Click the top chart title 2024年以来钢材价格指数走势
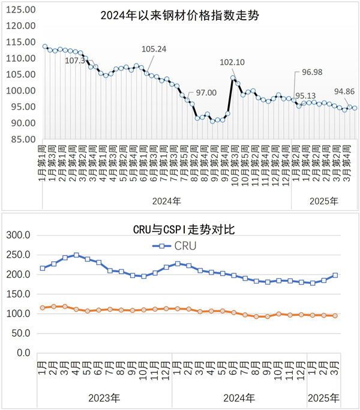[179, 16]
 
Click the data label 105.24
[154, 49]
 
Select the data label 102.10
[233, 62]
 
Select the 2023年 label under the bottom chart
[104, 397]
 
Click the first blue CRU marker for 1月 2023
[43, 268]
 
